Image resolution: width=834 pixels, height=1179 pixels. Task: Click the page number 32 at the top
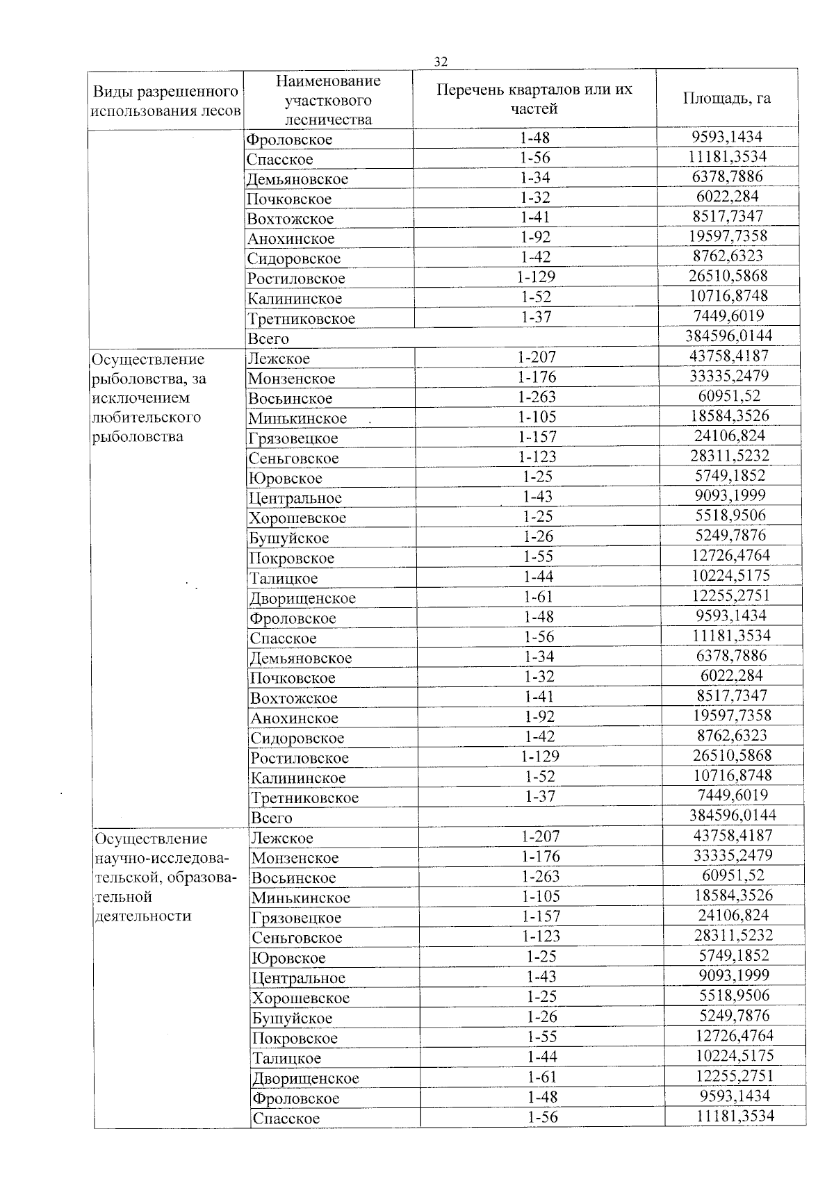click(x=441, y=61)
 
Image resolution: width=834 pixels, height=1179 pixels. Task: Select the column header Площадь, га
click(x=726, y=98)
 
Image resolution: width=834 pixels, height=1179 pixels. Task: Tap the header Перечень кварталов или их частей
click(x=534, y=99)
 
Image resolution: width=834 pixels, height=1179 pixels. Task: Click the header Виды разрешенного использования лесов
click(x=165, y=101)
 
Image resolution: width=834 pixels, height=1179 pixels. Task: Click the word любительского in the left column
click(x=147, y=417)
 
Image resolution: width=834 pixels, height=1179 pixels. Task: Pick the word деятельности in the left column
click(x=142, y=916)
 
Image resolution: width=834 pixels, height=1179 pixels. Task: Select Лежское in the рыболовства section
click(x=279, y=358)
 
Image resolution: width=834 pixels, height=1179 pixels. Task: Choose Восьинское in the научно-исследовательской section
click(x=293, y=877)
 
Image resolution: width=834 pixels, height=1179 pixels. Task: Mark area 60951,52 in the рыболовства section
click(x=729, y=396)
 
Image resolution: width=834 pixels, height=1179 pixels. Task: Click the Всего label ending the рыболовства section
click(x=271, y=818)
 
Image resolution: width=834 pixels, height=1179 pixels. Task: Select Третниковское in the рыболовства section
click(x=304, y=798)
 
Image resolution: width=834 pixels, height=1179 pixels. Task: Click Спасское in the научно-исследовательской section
click(x=286, y=1118)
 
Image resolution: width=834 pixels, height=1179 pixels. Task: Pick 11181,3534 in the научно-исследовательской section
click(x=735, y=1116)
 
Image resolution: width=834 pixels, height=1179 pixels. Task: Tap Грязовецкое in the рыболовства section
click(x=293, y=438)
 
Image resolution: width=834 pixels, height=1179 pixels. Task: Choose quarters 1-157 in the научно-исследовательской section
click(x=541, y=916)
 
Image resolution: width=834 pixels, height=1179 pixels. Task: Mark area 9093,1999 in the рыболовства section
click(x=730, y=495)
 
